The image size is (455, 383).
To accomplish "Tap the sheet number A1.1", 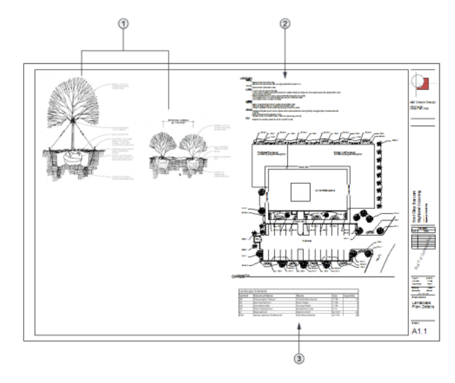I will pyautogui.click(x=420, y=332).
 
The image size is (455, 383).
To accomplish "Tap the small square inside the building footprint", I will pyautogui.click(x=303, y=192).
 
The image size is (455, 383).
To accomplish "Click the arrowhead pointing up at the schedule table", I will pyautogui.click(x=300, y=332).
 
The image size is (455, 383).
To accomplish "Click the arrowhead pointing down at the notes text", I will pyautogui.click(x=284, y=70).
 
